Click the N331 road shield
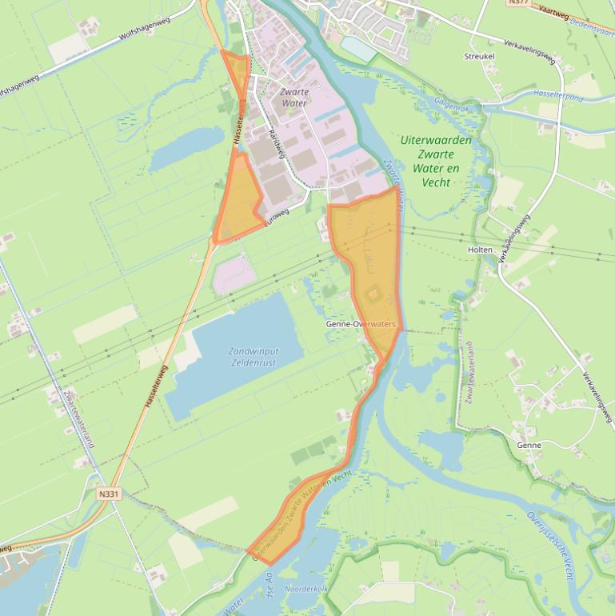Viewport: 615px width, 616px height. (x=110, y=494)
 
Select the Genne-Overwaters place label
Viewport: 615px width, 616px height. (x=361, y=324)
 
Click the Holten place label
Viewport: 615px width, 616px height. (x=480, y=250)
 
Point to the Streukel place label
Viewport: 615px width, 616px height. (x=480, y=56)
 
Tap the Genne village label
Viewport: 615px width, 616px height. (x=529, y=445)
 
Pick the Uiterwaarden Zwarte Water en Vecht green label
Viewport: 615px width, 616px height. (x=436, y=161)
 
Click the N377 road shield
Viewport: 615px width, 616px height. (x=517, y=3)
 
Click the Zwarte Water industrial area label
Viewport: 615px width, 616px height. (x=294, y=98)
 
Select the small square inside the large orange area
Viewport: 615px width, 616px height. (x=373, y=296)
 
